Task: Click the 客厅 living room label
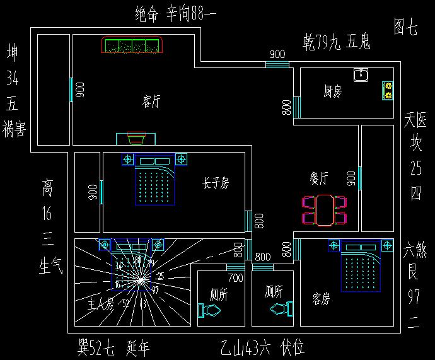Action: (x=151, y=102)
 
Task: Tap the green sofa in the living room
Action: (x=132, y=45)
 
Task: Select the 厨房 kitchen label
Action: (x=332, y=93)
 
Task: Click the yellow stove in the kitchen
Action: (x=387, y=91)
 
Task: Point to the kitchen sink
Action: (x=361, y=75)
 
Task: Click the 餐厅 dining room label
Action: (x=319, y=178)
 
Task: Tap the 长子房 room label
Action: (x=215, y=183)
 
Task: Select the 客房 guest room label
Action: (x=321, y=299)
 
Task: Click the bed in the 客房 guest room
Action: (x=361, y=267)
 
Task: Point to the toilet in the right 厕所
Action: (x=281, y=308)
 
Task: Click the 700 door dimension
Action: (x=235, y=277)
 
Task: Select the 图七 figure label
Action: (x=405, y=27)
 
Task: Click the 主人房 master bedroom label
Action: (x=100, y=305)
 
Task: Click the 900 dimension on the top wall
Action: (x=277, y=54)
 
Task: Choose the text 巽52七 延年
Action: (x=113, y=348)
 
